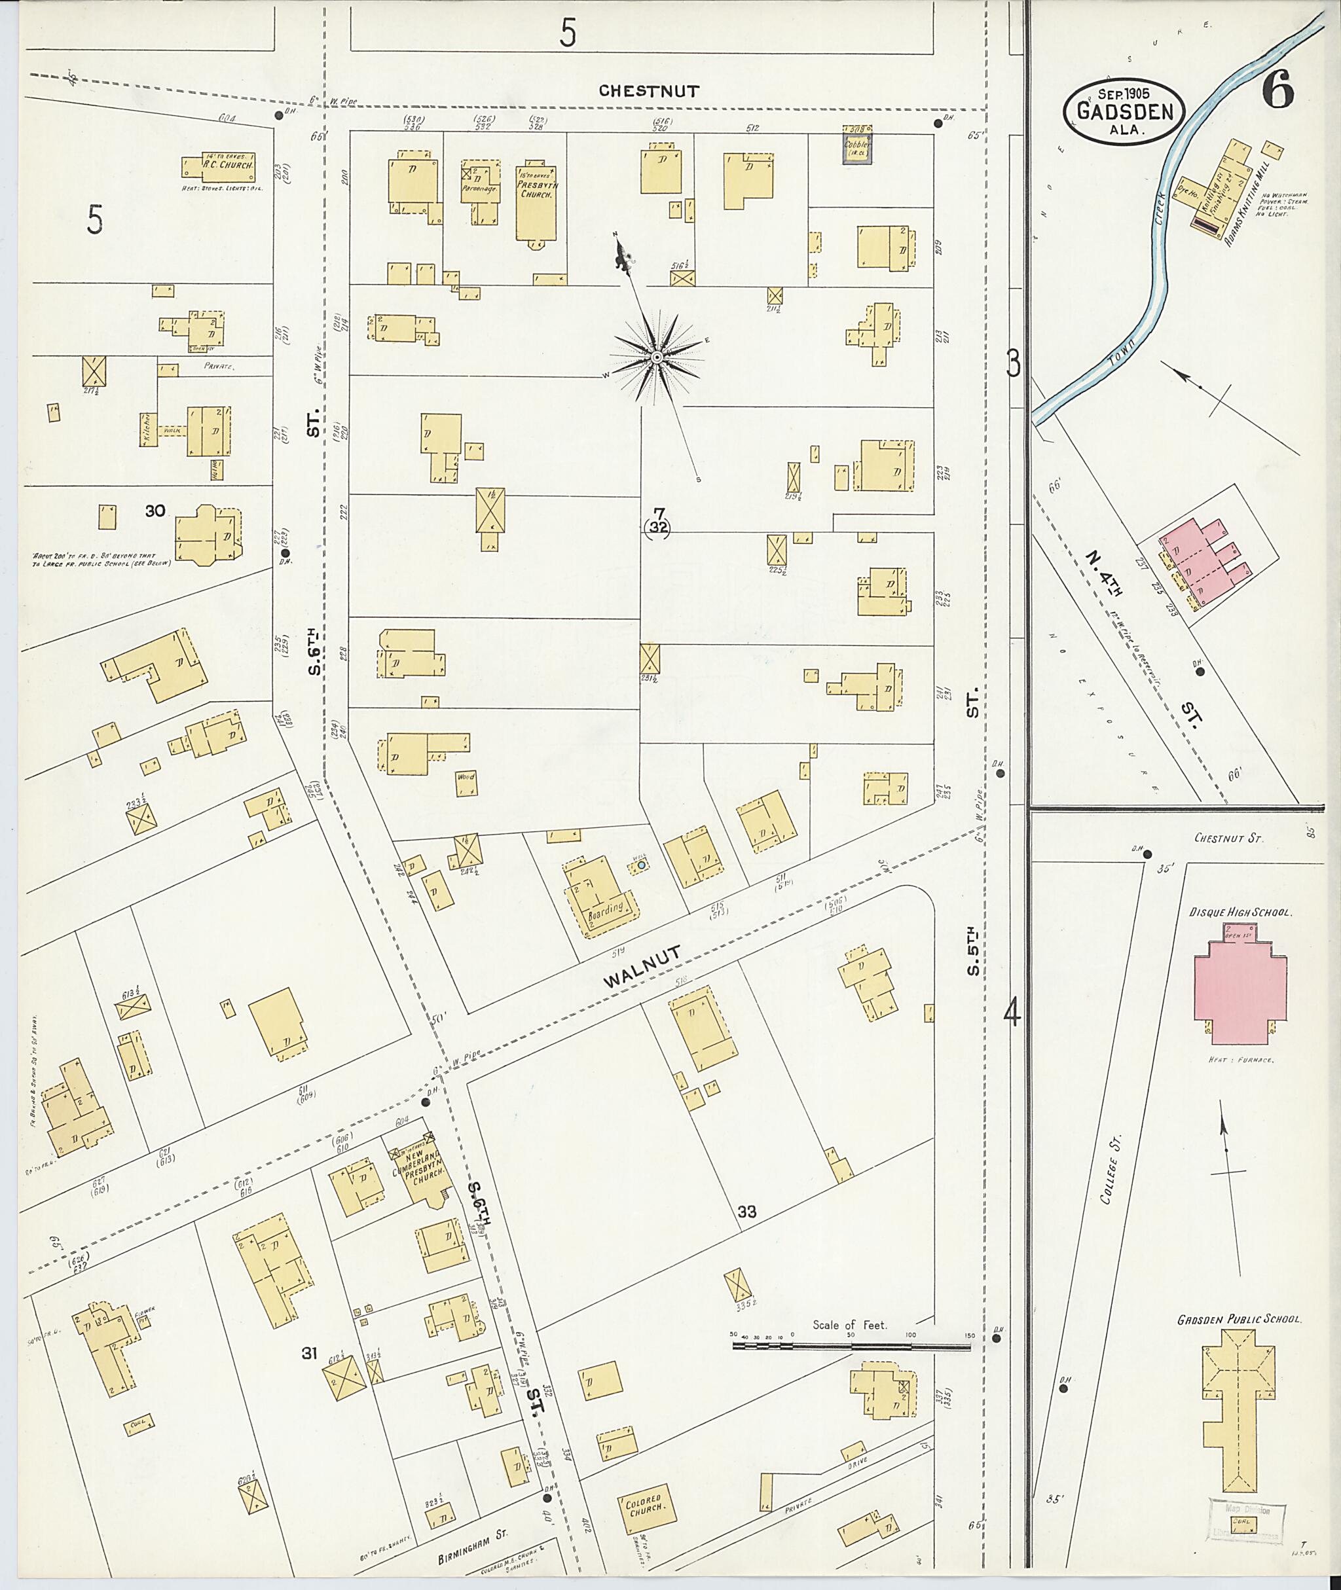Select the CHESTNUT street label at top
(x=648, y=91)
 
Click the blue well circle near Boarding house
(x=641, y=865)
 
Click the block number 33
(x=746, y=1212)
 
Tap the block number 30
(x=155, y=511)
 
